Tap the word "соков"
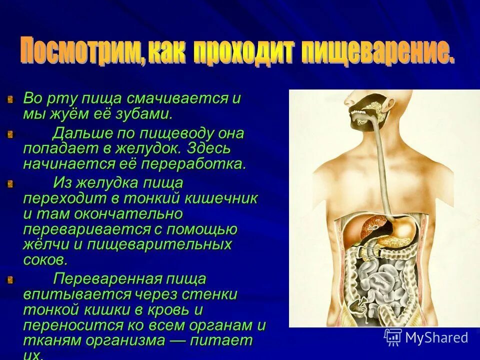[x=44, y=260]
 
